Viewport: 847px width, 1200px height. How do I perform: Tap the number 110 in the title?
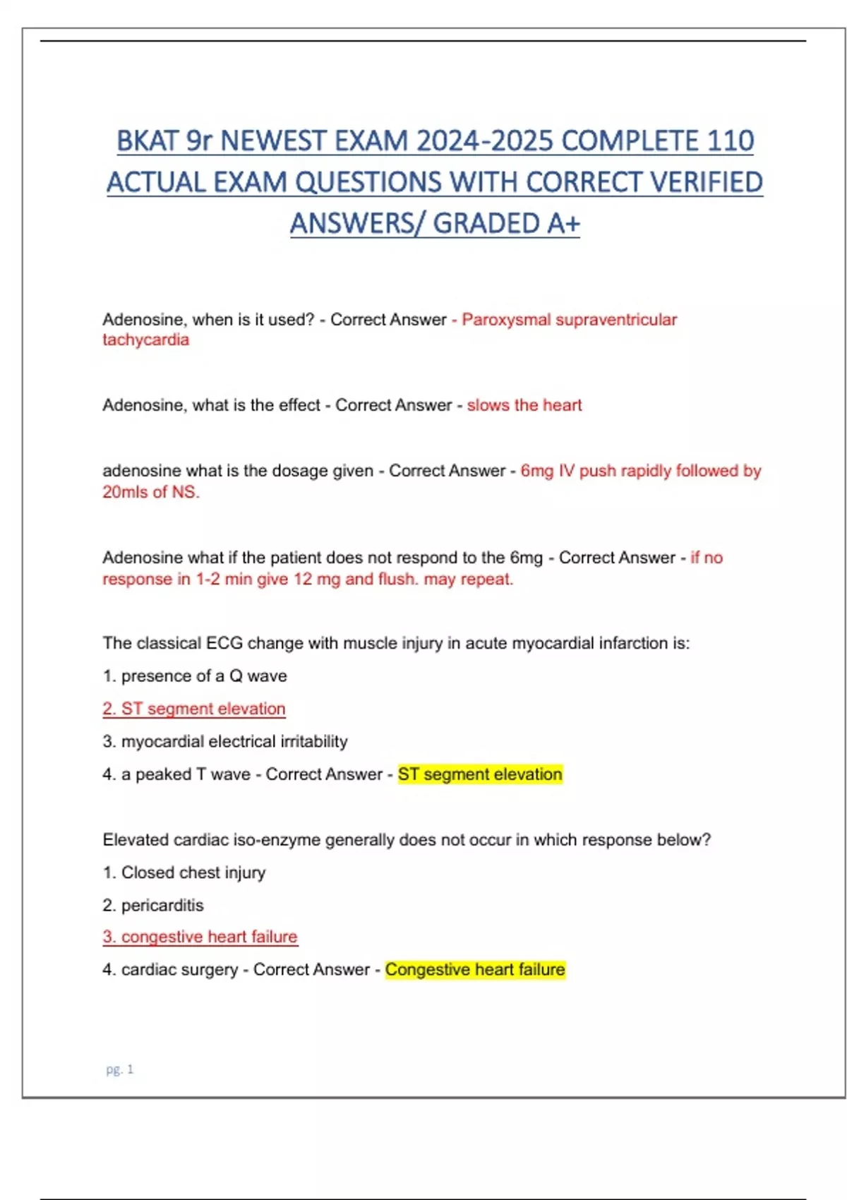[x=731, y=141]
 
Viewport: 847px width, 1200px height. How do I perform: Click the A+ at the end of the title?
[x=563, y=224]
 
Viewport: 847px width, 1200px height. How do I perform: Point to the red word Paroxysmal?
[x=506, y=320]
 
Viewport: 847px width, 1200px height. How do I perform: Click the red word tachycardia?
[x=145, y=340]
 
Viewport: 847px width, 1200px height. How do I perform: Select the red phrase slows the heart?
[x=524, y=405]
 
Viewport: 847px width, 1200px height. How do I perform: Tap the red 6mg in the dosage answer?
[x=537, y=471]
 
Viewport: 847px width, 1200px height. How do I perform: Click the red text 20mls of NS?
[x=151, y=492]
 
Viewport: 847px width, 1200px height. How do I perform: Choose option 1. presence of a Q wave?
[x=195, y=676]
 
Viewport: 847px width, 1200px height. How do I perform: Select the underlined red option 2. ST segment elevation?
[x=194, y=709]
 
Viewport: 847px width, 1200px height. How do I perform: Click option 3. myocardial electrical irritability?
[x=225, y=742]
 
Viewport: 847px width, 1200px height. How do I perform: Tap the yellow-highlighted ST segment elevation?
[x=480, y=774]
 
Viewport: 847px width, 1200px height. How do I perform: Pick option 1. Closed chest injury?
[x=184, y=873]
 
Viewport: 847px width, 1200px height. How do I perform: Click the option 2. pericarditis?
[x=153, y=906]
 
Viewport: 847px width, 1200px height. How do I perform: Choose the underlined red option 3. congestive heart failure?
[x=200, y=937]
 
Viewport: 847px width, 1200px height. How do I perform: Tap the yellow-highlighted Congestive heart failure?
[x=475, y=970]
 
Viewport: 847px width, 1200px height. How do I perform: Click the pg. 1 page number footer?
[x=119, y=1070]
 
